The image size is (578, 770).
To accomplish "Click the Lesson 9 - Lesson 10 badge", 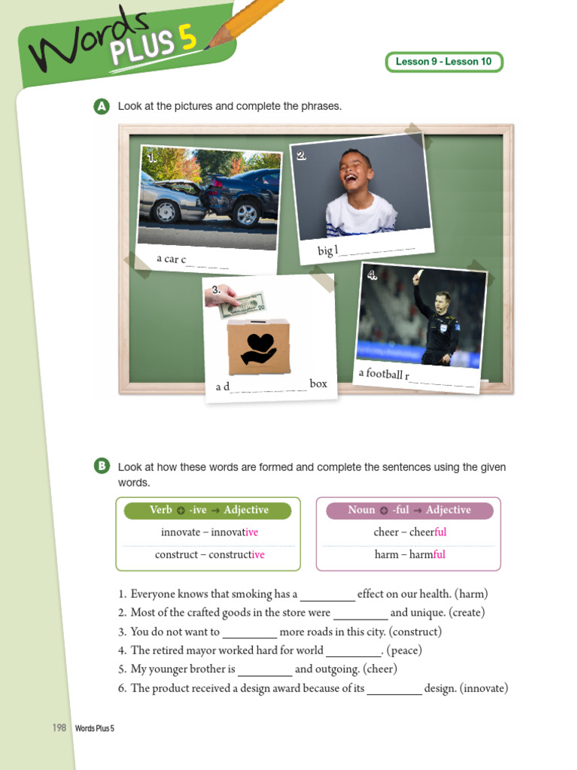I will (x=444, y=62).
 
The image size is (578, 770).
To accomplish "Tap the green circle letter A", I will (x=102, y=107).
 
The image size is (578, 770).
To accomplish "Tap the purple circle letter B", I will (x=102, y=467).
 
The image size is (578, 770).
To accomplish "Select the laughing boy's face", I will (x=354, y=172).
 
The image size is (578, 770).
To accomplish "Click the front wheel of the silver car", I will (x=166, y=211).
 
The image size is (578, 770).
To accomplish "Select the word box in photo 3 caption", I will (x=318, y=383).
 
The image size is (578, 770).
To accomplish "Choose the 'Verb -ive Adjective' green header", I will (x=208, y=511).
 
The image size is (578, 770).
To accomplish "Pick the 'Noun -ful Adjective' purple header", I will (x=409, y=511).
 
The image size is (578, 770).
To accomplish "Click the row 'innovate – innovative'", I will (x=209, y=532).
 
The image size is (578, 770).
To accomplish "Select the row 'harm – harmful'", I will (x=409, y=555).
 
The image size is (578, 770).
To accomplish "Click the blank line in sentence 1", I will (x=327, y=596).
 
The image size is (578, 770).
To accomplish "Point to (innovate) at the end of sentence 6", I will (x=484, y=688).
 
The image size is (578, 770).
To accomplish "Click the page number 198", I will (x=59, y=728).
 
